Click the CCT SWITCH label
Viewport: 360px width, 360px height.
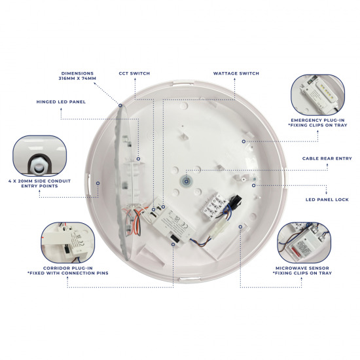tap(133, 73)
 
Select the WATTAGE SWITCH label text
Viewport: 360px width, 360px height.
tap(236, 73)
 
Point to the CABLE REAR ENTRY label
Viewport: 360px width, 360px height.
tap(327, 158)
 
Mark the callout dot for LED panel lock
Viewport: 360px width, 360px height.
tap(254, 185)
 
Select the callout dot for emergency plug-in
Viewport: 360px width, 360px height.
tap(243, 140)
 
